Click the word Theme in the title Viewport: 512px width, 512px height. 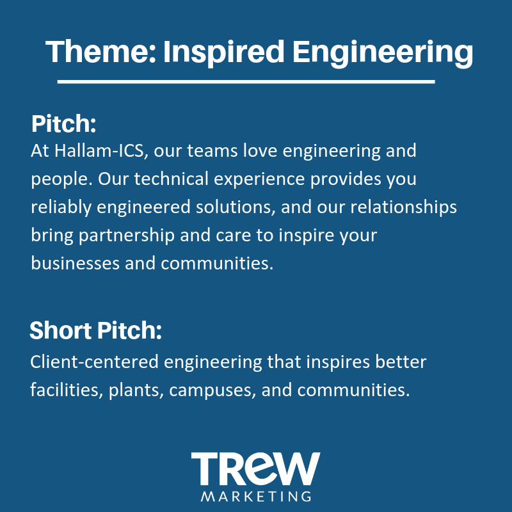click(100, 51)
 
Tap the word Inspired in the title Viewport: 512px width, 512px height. click(223, 53)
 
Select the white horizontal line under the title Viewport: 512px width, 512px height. click(246, 82)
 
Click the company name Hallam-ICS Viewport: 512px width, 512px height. click(99, 151)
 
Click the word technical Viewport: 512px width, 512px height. click(171, 179)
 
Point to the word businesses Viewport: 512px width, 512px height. click(75, 264)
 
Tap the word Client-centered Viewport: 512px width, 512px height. click(94, 362)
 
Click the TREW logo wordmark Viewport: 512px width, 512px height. click(255, 468)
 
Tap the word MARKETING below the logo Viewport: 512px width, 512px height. click(255, 497)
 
